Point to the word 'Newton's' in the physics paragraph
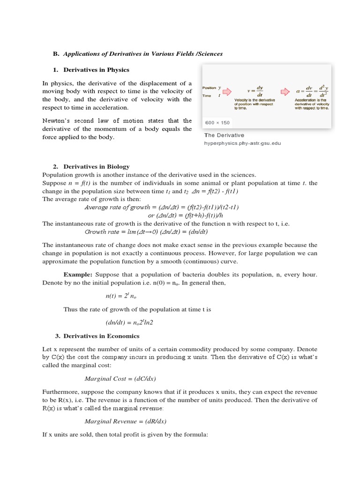tap(56, 120)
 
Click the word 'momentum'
tap(112, 129)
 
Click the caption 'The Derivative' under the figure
tap(224, 135)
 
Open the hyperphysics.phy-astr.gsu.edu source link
tap(242, 143)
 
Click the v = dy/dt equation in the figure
tap(255, 90)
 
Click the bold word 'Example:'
tap(78, 274)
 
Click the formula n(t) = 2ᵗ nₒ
tap(120, 296)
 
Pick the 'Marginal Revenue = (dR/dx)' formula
tap(125, 421)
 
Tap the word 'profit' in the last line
tap(131, 435)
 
